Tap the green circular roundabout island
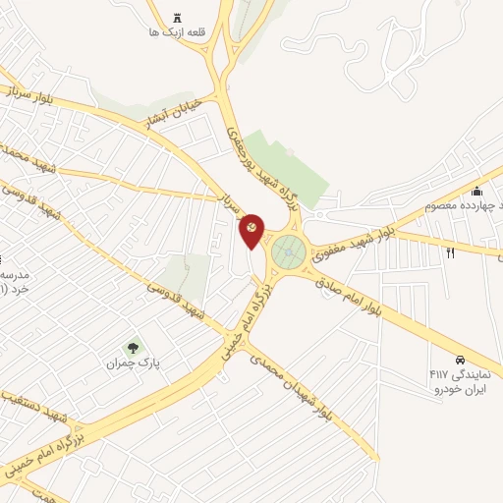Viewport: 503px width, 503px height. point(288,252)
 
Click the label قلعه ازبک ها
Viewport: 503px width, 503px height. point(177,32)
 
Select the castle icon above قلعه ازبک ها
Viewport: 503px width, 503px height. point(177,17)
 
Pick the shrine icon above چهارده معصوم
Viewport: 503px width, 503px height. point(477,191)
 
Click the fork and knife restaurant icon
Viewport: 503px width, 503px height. point(451,252)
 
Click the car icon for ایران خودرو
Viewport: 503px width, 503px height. point(460,359)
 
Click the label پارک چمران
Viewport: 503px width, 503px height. point(133,363)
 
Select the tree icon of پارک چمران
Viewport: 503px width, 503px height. point(133,347)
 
